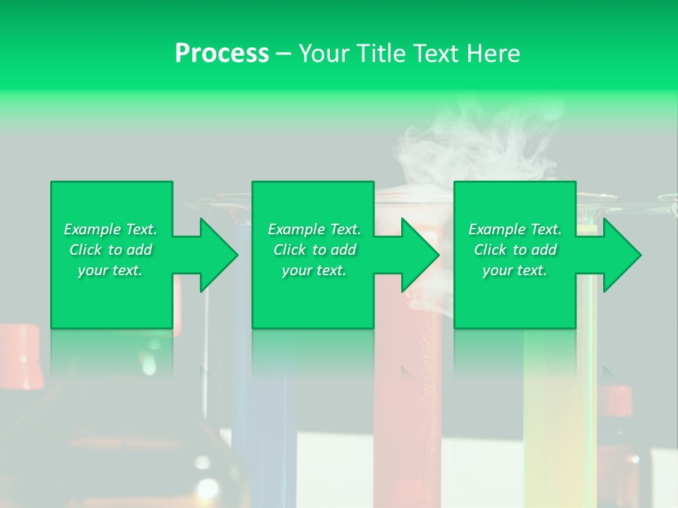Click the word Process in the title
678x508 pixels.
222,54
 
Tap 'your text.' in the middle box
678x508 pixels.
314,270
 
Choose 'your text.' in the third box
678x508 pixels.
515,270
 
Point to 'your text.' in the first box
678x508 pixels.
110,270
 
